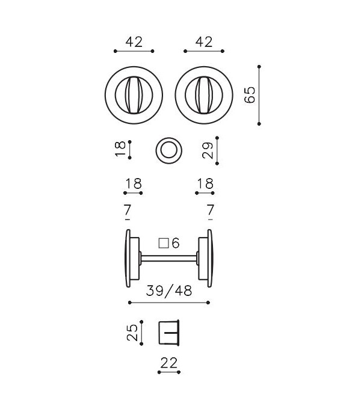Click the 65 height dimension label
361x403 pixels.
250,95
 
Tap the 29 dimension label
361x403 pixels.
208,150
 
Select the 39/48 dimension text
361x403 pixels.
169,291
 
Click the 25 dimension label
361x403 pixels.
132,333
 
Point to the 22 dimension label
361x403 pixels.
169,363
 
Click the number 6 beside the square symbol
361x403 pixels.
176,243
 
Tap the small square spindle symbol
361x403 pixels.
164,244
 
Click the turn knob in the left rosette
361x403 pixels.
134,95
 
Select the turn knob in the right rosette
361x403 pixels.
204,95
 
